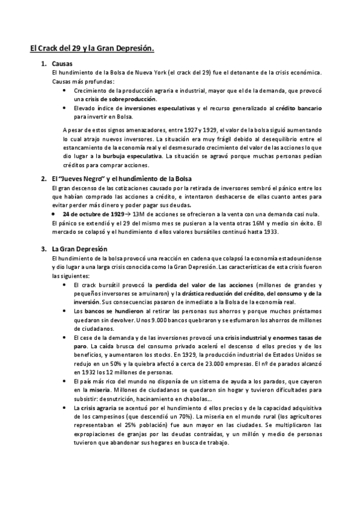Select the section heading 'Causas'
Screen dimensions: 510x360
tap(63, 63)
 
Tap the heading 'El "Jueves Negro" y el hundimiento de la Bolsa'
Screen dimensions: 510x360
tap(119, 179)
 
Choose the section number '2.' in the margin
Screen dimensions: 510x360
tap(44, 179)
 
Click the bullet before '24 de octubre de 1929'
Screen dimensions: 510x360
tap(55, 214)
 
